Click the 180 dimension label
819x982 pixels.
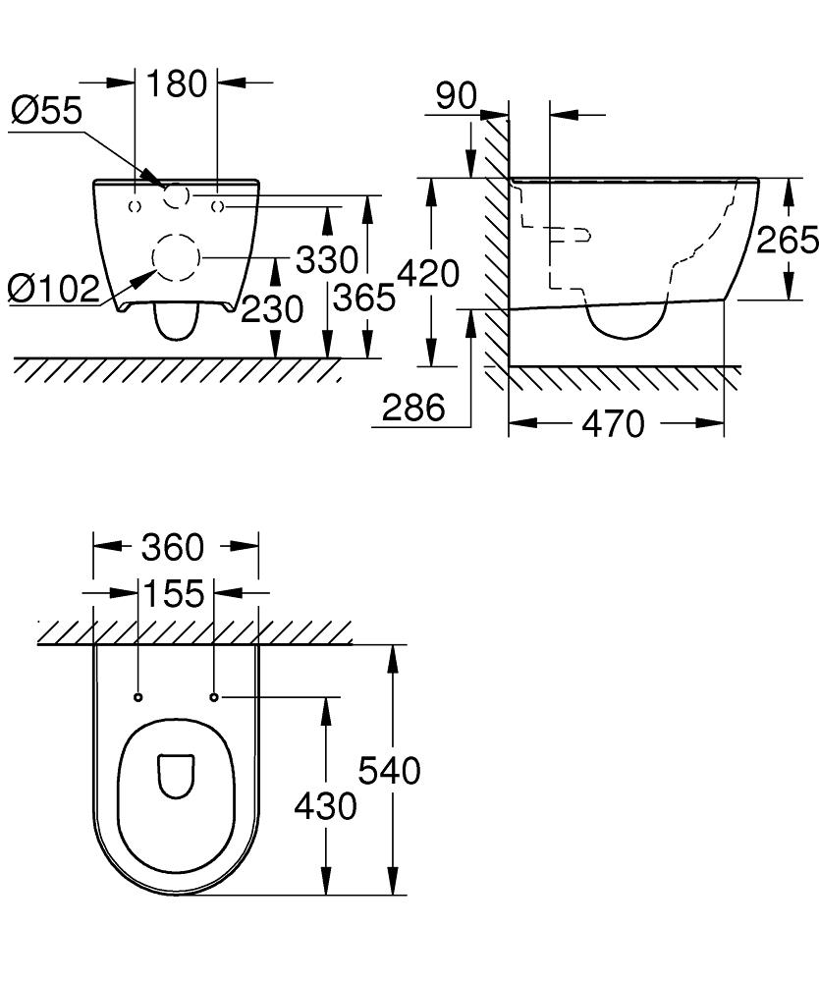[177, 83]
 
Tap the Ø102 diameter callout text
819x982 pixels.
[54, 289]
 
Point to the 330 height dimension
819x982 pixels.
[327, 260]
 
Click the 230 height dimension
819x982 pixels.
[272, 310]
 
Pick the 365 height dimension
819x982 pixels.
[364, 297]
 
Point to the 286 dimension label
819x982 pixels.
[413, 408]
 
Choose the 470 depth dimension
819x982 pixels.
[614, 424]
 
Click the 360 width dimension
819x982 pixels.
[172, 547]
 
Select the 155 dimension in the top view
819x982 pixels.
[174, 594]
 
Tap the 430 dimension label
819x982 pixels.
[326, 806]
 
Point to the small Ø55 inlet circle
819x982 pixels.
[176, 196]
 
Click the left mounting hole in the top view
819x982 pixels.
[137, 697]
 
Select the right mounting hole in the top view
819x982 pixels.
[214, 697]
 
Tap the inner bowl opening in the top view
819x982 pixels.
[177, 775]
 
